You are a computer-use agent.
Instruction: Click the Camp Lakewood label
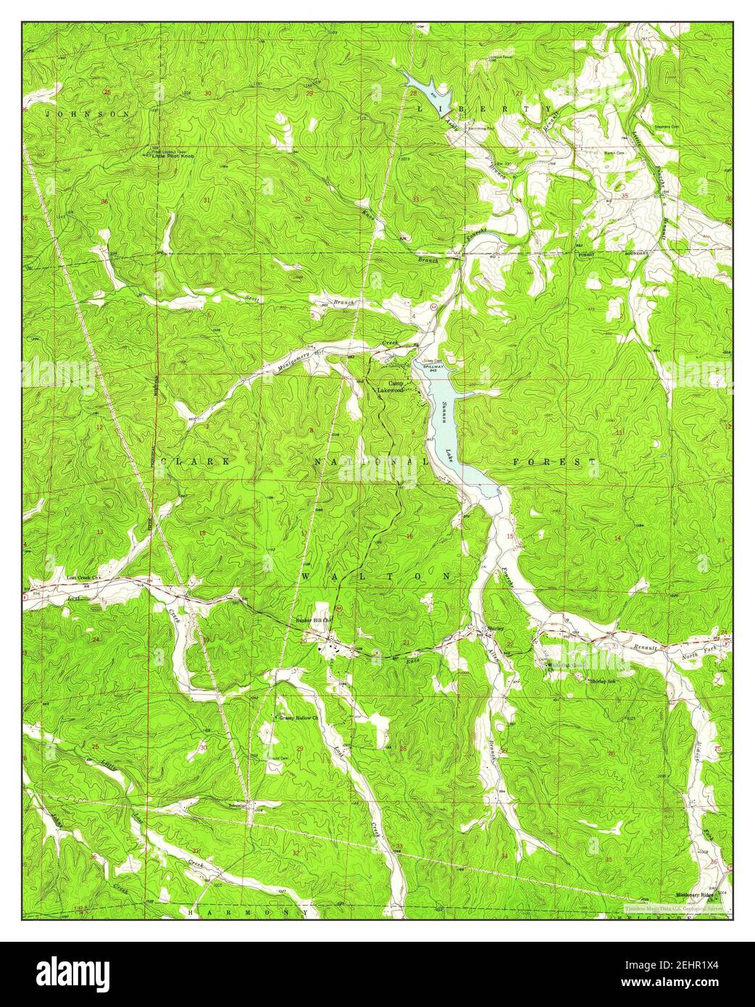[x=388, y=387]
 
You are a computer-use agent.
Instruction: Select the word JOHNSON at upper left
[x=88, y=114]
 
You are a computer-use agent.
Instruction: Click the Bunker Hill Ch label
[x=314, y=620]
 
